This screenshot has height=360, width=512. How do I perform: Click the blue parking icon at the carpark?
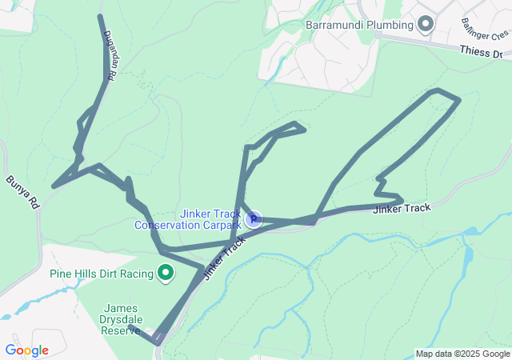coord(254,218)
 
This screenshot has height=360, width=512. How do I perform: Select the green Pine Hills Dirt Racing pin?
coord(166,274)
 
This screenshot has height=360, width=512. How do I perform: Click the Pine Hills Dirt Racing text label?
coord(101,274)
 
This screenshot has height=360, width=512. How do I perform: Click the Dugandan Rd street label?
coord(110,54)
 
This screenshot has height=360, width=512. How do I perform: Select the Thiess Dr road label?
coord(481,52)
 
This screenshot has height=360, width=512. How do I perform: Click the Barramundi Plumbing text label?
coord(359,25)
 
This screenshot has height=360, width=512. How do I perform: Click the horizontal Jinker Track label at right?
coord(402,208)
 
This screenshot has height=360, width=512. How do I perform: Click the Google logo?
coord(26,350)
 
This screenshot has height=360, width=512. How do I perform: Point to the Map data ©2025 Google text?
coord(462,354)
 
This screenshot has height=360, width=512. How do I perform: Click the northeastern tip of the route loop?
coord(459,100)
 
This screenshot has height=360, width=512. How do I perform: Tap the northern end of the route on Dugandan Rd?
coord(100,16)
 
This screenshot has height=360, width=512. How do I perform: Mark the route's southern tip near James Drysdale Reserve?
coord(157,342)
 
